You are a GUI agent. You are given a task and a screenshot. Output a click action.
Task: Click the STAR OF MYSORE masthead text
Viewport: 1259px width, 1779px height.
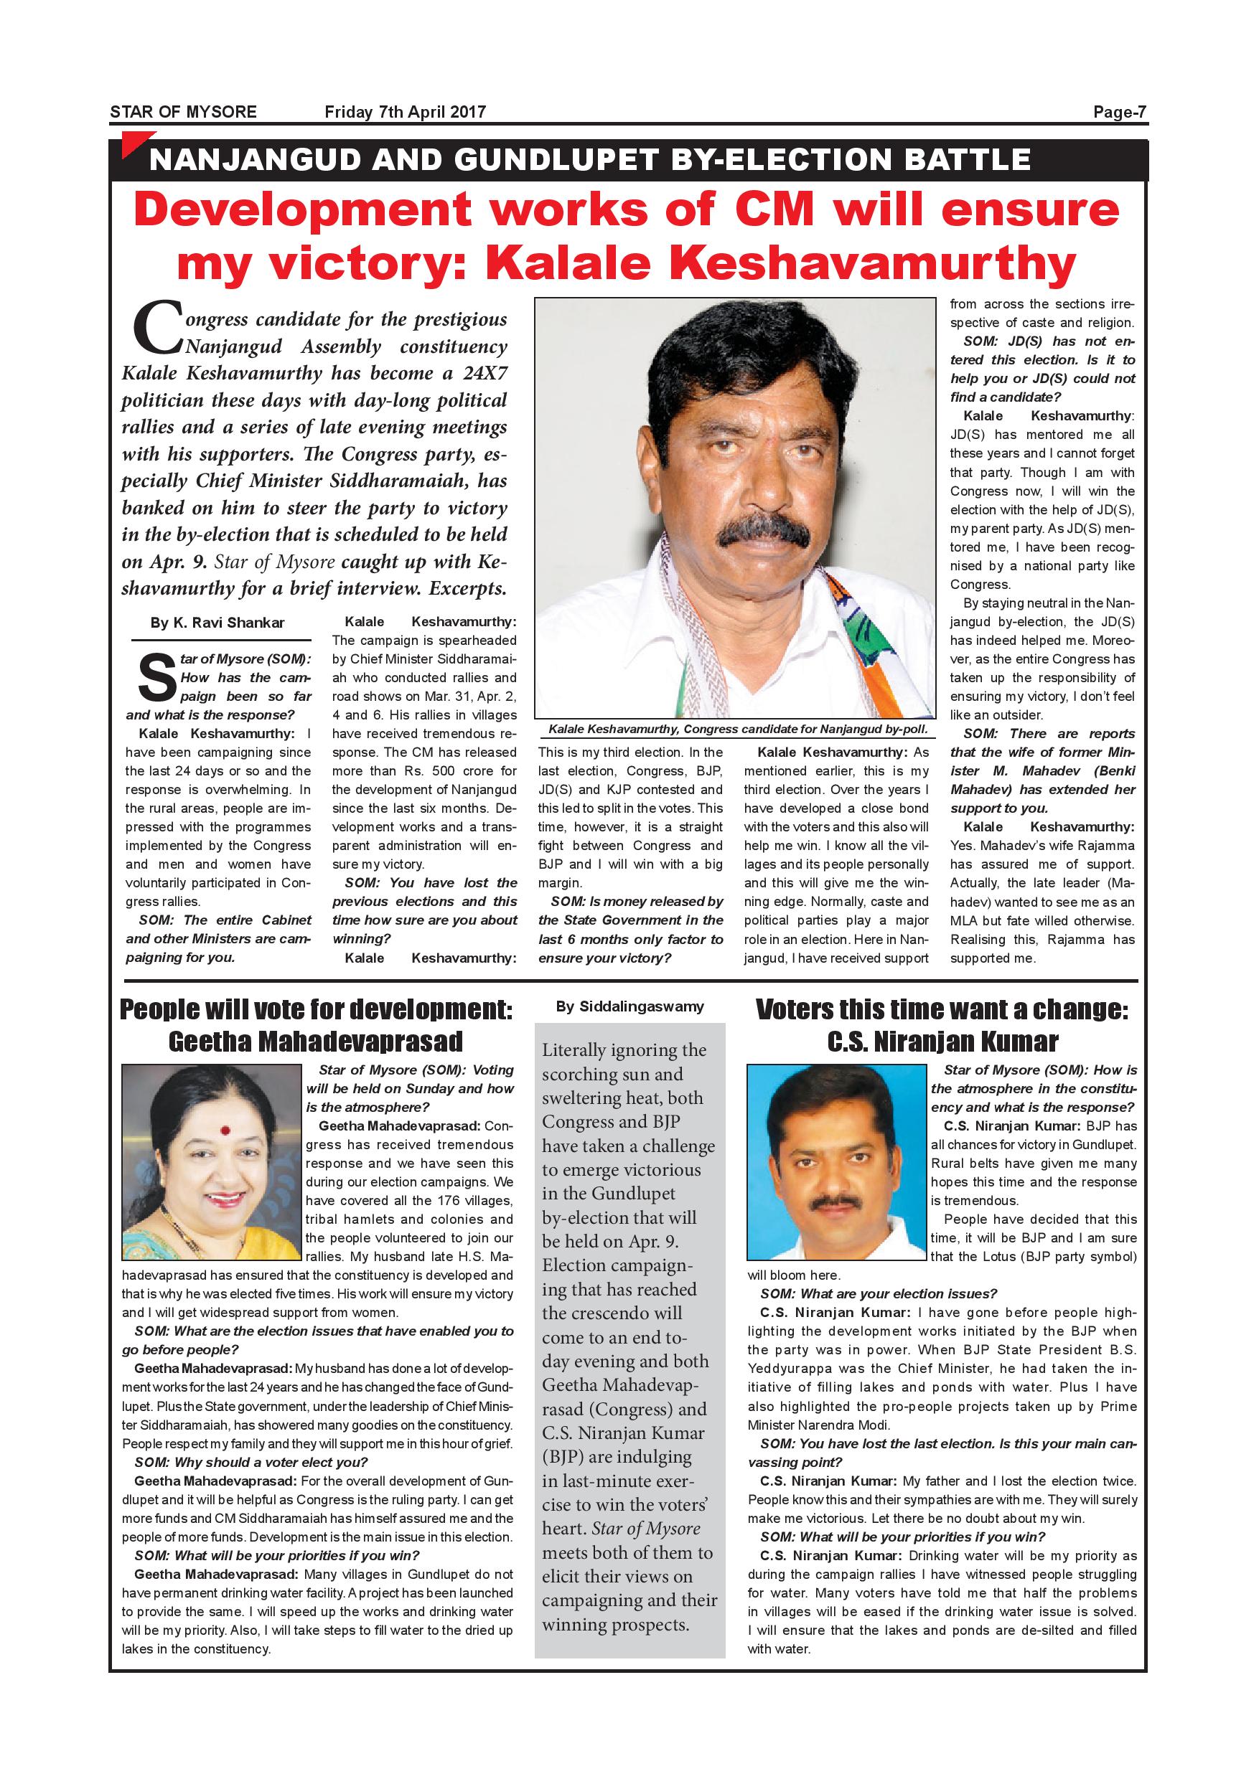(x=183, y=112)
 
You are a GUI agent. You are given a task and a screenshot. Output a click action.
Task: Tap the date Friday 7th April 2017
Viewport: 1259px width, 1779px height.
(x=405, y=112)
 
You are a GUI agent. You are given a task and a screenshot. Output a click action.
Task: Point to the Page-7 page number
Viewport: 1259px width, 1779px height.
(x=1119, y=112)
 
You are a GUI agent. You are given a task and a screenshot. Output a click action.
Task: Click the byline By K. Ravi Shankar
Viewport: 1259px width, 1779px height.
(x=217, y=623)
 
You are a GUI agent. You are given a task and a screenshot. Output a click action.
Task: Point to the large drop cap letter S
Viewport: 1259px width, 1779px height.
(x=156, y=677)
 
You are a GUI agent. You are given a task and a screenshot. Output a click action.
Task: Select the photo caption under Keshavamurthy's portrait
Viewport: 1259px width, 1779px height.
(x=737, y=729)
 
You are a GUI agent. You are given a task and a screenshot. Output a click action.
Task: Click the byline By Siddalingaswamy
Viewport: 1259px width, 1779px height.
(x=629, y=1006)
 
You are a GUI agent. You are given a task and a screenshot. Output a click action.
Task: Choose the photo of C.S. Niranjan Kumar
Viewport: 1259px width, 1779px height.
(x=836, y=1162)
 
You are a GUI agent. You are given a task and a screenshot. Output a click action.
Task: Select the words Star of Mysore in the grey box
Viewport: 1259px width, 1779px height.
(x=646, y=1529)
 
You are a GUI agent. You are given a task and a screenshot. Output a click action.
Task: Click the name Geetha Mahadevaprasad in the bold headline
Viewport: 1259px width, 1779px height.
(x=316, y=1042)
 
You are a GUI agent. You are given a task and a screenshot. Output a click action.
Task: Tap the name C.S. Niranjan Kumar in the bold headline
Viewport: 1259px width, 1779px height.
(x=942, y=1042)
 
